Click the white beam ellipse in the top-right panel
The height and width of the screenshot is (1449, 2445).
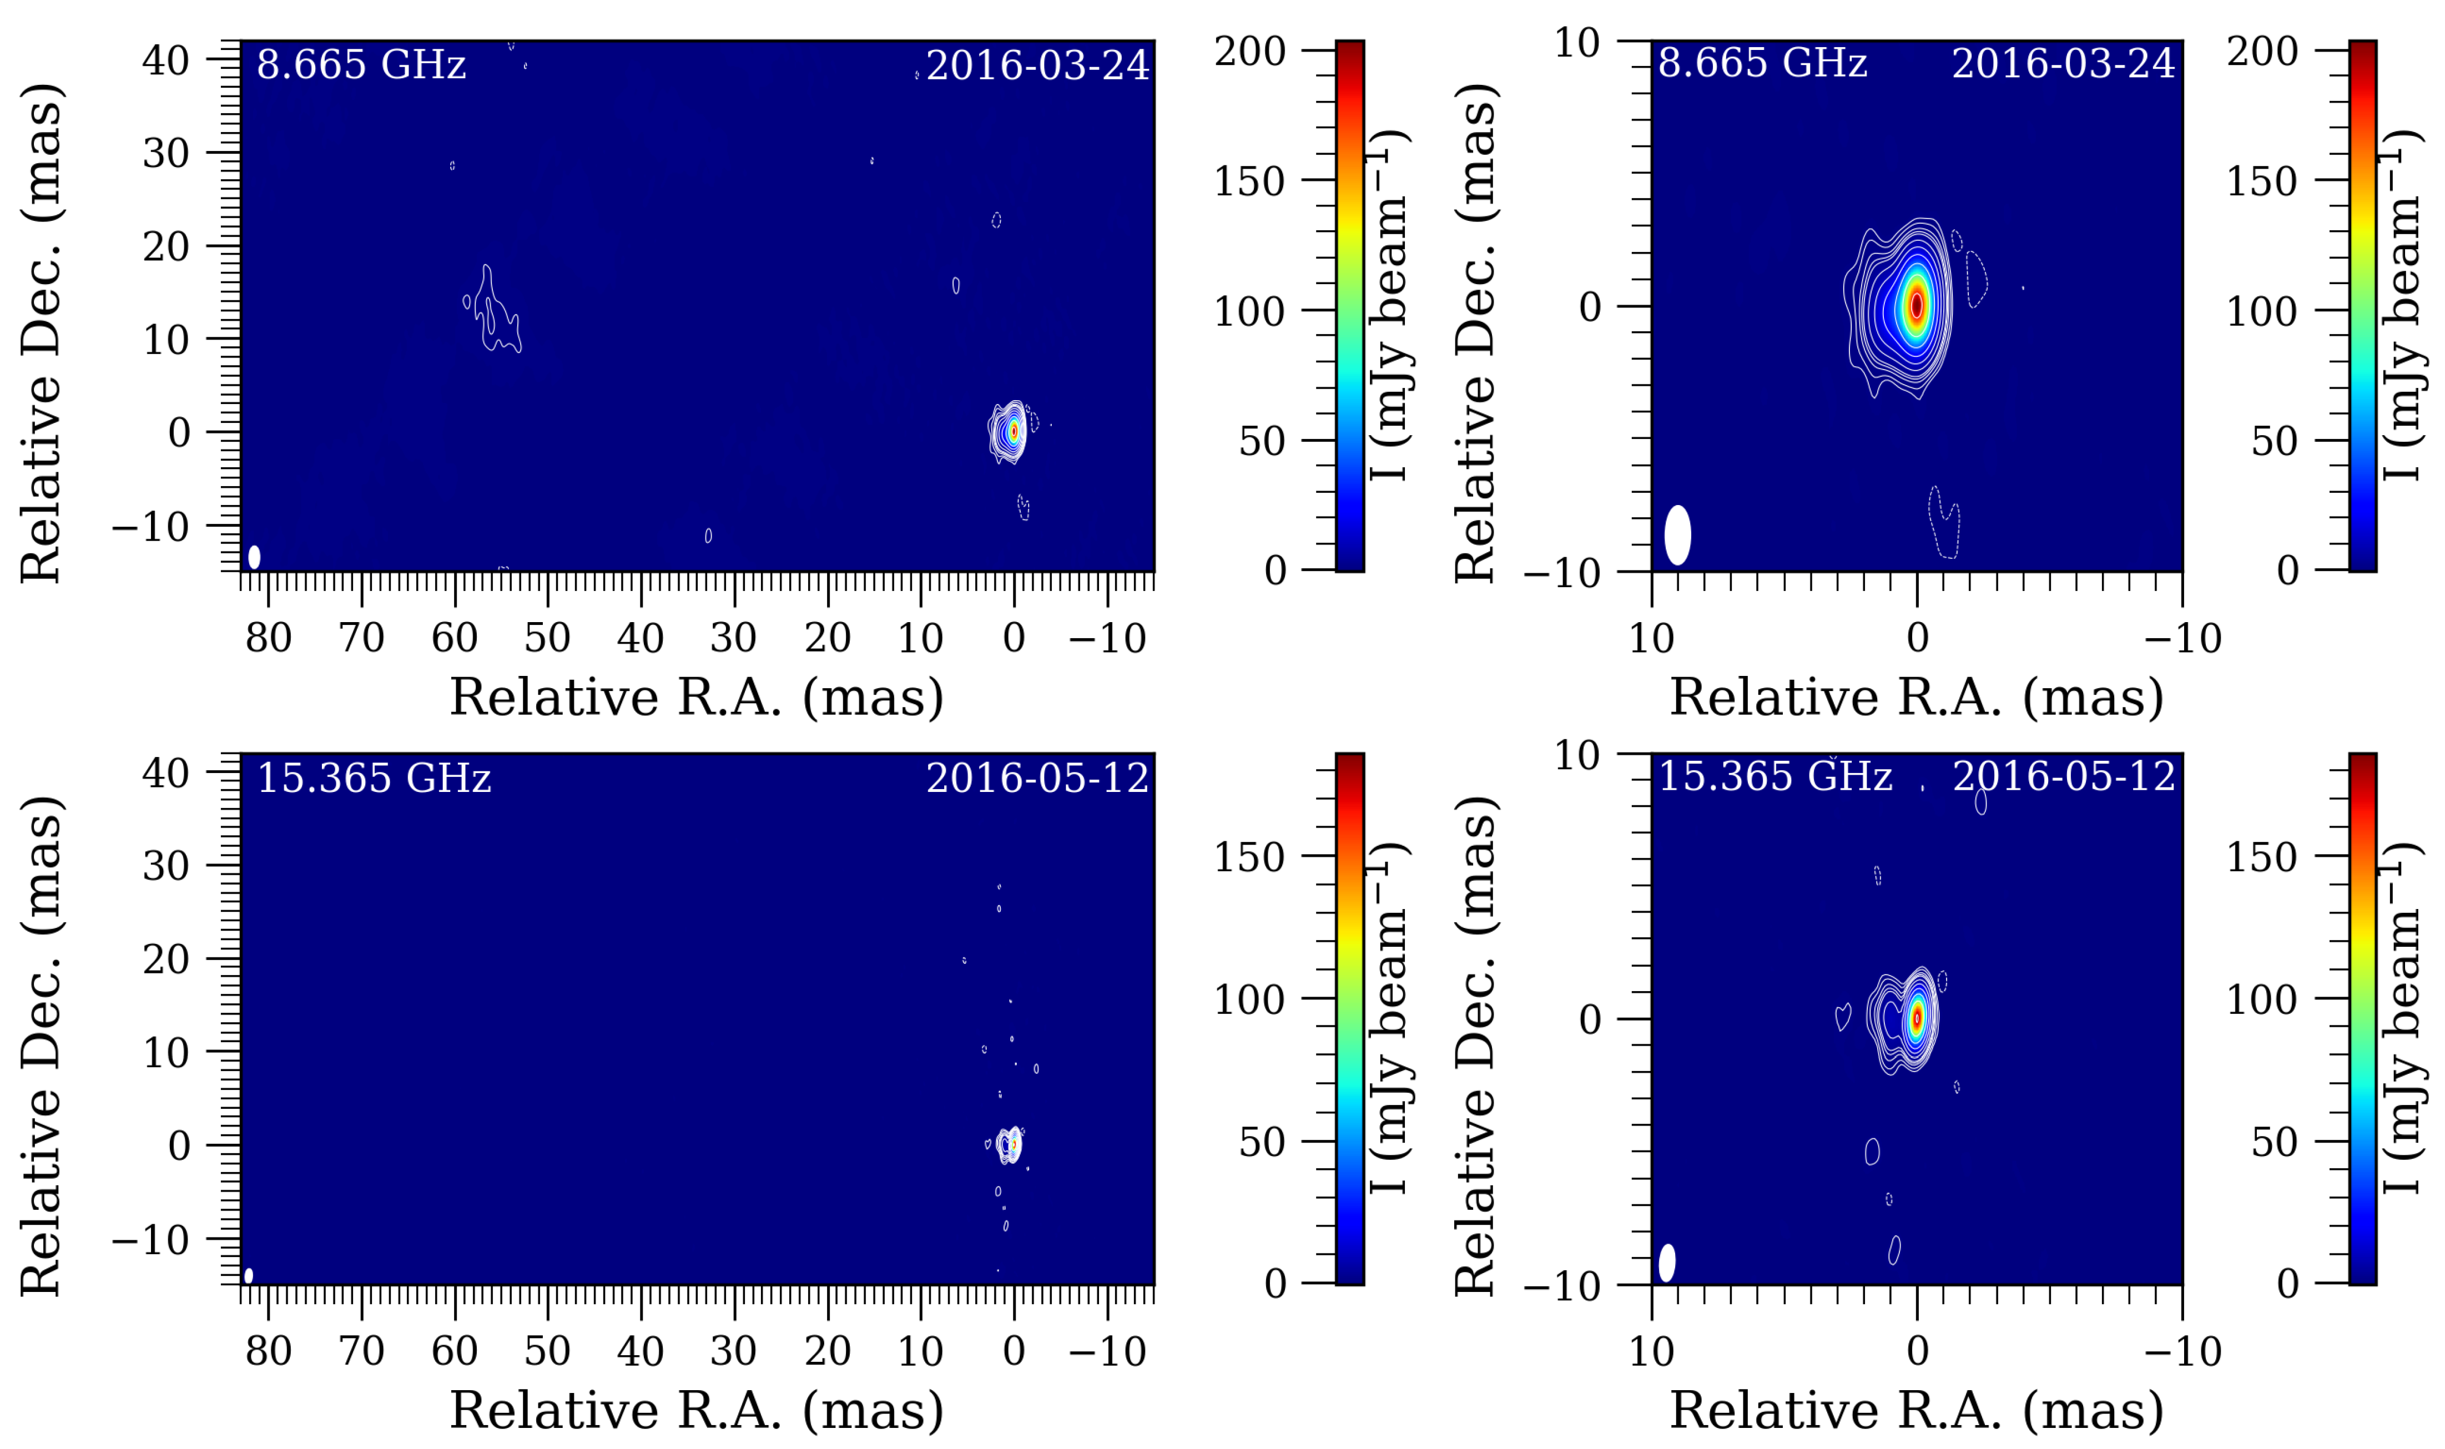(x=1677, y=535)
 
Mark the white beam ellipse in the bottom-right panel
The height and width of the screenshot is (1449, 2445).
(x=1667, y=1263)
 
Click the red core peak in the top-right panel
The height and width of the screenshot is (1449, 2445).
(x=1916, y=305)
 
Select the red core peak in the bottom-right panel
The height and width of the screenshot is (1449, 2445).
(x=1917, y=1017)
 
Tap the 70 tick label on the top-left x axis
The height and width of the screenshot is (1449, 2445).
(x=361, y=639)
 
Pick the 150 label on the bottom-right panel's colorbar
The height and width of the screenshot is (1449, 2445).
(x=2261, y=857)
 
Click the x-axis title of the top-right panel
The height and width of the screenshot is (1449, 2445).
(x=1916, y=697)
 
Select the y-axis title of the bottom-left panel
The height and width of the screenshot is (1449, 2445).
(x=41, y=1045)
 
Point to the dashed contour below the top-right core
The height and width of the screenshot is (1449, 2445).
(x=1943, y=522)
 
